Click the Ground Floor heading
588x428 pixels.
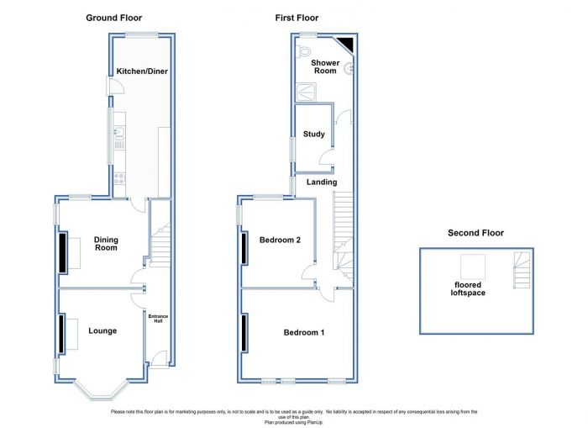(x=114, y=18)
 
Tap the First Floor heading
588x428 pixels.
(x=297, y=18)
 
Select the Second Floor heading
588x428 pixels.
(x=475, y=233)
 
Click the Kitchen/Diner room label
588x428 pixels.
(x=142, y=71)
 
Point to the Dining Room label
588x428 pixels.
(x=106, y=244)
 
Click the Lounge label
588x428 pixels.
(x=102, y=330)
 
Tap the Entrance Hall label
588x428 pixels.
(x=158, y=319)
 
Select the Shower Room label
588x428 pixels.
(x=325, y=66)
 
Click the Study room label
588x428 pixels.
(x=314, y=134)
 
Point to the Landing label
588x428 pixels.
(x=322, y=182)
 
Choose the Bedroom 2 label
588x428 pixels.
(x=280, y=240)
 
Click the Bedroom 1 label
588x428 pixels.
(x=304, y=332)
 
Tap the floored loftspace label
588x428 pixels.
(x=468, y=288)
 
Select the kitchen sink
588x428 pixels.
(x=119, y=133)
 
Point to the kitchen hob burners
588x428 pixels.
(x=119, y=179)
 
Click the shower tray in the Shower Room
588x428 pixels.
(x=306, y=92)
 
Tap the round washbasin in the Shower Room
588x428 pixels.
(x=349, y=68)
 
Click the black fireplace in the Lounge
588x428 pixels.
(x=61, y=333)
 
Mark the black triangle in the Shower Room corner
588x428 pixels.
(x=347, y=42)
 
